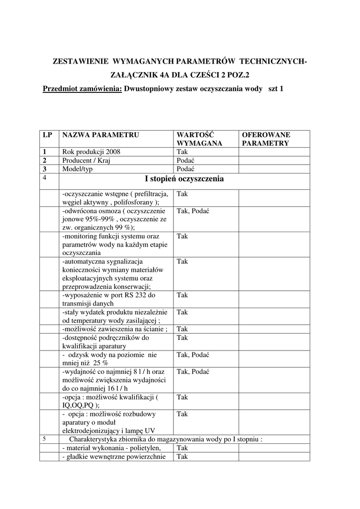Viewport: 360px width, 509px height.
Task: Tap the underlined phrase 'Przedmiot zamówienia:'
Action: point(83,89)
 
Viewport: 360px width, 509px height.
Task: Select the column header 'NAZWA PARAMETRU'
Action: point(100,135)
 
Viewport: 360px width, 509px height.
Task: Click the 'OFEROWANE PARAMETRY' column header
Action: point(266,139)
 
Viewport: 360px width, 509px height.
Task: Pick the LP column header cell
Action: point(48,135)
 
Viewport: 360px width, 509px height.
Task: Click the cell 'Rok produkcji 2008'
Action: point(91,152)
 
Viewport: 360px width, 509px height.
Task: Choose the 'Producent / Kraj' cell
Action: point(86,160)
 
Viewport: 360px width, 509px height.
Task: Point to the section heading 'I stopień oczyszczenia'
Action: point(184,179)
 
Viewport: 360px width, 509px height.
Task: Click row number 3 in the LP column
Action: point(45,169)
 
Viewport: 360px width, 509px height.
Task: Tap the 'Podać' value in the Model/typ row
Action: point(185,169)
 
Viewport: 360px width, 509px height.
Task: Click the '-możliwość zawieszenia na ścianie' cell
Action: point(115,329)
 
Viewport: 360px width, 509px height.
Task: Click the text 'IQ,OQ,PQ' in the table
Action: point(78,405)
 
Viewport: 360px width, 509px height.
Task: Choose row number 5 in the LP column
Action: point(45,439)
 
